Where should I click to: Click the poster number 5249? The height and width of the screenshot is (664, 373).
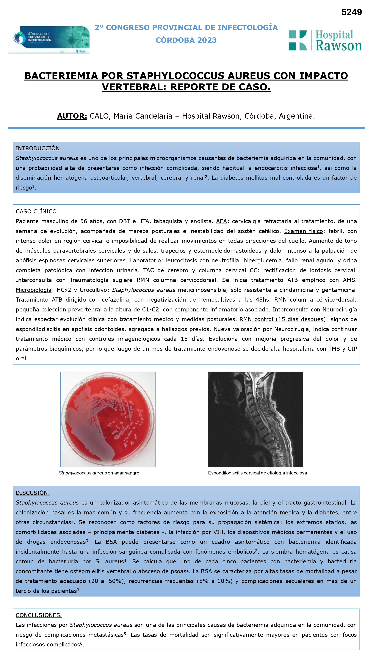(x=351, y=12)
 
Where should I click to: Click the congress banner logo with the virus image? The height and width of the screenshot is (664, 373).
(x=49, y=40)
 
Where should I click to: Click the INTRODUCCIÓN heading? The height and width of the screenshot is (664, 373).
(x=39, y=148)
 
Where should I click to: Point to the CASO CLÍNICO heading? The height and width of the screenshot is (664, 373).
(x=37, y=211)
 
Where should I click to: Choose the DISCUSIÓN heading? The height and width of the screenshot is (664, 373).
(x=33, y=493)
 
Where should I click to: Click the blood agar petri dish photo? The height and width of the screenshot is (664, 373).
(x=108, y=419)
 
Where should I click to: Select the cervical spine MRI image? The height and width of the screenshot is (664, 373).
(x=255, y=419)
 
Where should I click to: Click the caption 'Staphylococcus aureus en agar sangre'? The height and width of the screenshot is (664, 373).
(x=100, y=473)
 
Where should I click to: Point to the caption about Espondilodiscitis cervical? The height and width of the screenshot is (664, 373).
(x=258, y=473)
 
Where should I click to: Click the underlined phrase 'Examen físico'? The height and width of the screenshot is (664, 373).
(x=303, y=231)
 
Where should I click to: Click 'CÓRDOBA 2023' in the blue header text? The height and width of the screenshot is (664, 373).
(x=186, y=40)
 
